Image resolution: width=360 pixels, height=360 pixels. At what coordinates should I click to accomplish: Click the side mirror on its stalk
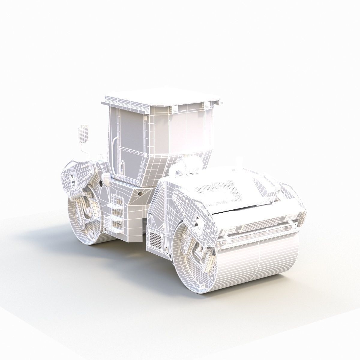point(83,135)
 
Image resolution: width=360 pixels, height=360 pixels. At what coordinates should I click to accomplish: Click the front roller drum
point(255,264)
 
